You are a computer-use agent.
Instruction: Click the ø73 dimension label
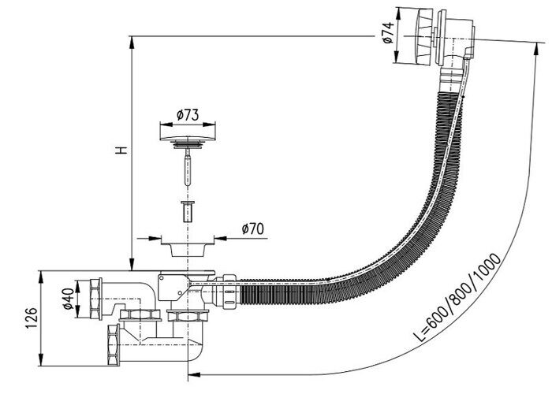click(187, 115)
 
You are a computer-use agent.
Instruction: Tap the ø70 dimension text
click(252, 229)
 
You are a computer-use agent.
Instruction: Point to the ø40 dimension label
click(68, 300)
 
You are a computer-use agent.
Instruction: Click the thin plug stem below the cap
click(188, 169)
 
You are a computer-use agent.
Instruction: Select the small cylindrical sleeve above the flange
click(188, 211)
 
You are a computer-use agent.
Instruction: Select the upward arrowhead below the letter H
click(131, 265)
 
